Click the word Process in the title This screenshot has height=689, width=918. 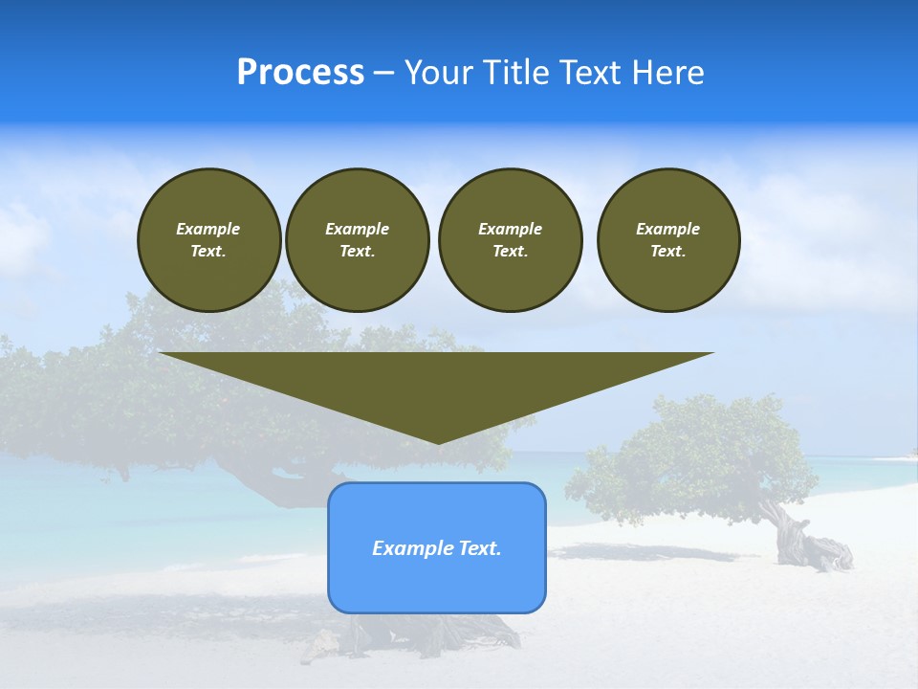[x=300, y=73]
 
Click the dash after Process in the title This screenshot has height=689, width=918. [x=384, y=74]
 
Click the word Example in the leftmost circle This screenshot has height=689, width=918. [x=208, y=229]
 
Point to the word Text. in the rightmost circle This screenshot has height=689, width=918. [x=667, y=252]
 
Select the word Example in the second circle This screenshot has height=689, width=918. [x=357, y=229]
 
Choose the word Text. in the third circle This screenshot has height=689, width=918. [x=510, y=252]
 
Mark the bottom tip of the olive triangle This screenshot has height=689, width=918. [x=437, y=441]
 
